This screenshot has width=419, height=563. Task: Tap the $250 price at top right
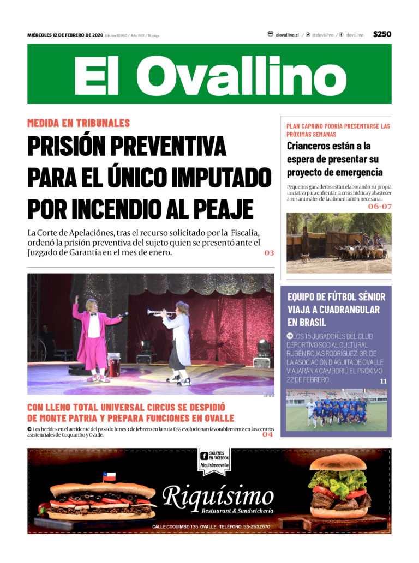coord(382,34)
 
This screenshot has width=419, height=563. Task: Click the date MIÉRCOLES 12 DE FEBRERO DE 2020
coord(65,35)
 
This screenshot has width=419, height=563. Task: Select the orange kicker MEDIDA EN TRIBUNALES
coord(79,123)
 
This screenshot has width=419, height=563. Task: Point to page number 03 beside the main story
coord(269,253)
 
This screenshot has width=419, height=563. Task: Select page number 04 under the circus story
coord(267,434)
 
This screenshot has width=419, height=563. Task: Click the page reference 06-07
coord(379,207)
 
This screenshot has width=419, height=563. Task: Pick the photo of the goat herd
coord(339,243)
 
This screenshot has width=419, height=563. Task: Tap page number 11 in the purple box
coord(383,381)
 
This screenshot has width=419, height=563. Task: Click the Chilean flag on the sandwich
coord(110,477)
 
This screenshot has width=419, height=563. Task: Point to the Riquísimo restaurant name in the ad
coord(218,497)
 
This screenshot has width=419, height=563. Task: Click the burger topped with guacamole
coord(339,488)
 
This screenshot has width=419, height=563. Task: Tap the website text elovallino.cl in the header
coord(287,35)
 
